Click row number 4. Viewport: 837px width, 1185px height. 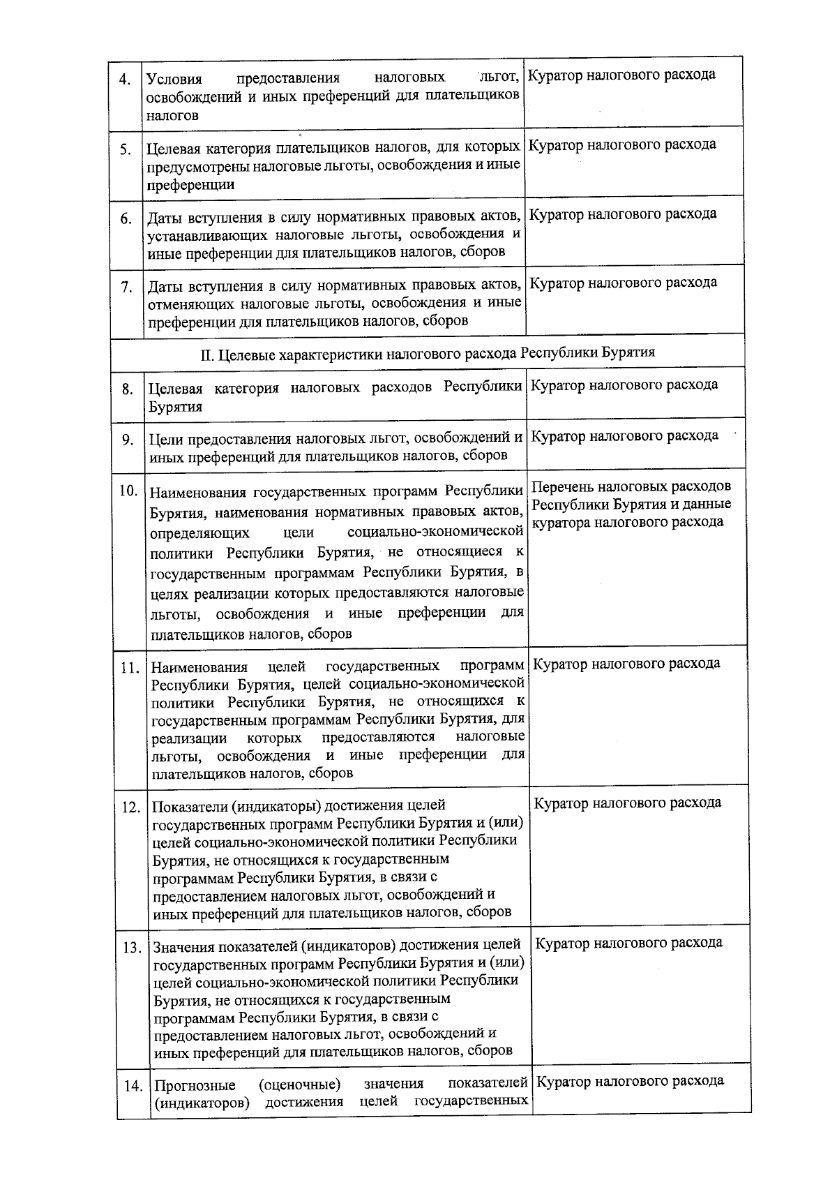tap(125, 79)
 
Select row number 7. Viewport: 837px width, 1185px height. tap(127, 287)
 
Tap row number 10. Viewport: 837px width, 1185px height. tap(128, 490)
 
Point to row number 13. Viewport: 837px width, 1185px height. tap(132, 948)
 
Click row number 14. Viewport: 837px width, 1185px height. tap(133, 1087)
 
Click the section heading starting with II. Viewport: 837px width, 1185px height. tap(428, 352)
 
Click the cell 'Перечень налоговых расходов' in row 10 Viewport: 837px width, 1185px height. tap(632, 486)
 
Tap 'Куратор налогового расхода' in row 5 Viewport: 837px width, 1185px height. tap(622, 144)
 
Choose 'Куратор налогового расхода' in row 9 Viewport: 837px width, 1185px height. tap(624, 436)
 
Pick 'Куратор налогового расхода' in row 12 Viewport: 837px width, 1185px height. tap(627, 803)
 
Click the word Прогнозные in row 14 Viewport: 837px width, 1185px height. tap(195, 1086)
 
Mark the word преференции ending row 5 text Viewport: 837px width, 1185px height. tap(190, 185)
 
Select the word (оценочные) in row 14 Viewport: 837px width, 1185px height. tap(299, 1085)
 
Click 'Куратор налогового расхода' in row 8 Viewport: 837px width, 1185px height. tap(624, 385)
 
